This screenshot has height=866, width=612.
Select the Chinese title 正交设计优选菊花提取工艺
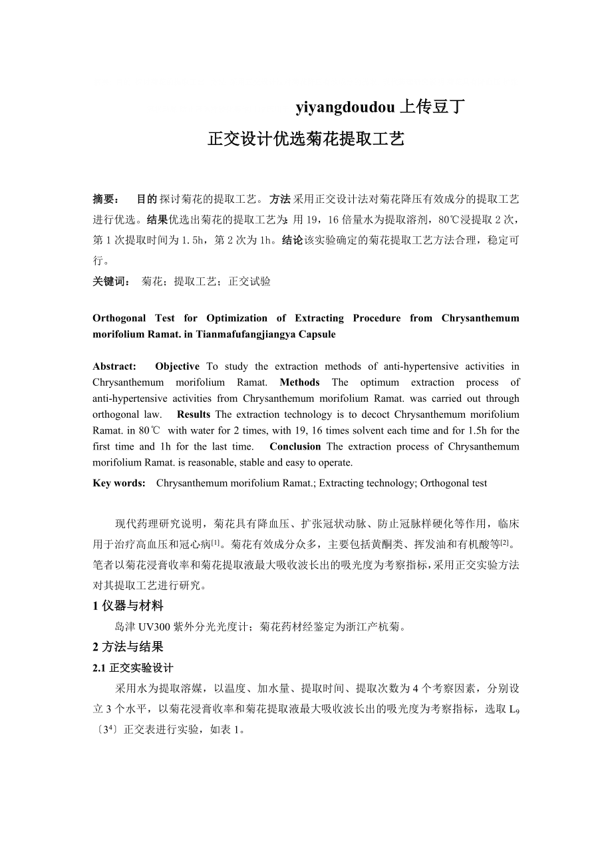pos(306,140)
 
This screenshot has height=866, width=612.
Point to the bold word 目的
pos(146,199)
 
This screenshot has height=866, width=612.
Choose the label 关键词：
pos(111,281)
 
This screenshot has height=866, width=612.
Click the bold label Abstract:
pos(114,366)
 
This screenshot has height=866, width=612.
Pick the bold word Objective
pos(177,366)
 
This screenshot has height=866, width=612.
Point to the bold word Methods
pos(299,382)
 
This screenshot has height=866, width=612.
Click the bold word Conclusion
pos(295,446)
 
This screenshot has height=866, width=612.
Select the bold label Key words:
pos(119,484)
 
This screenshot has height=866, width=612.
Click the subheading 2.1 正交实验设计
pos(133,668)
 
